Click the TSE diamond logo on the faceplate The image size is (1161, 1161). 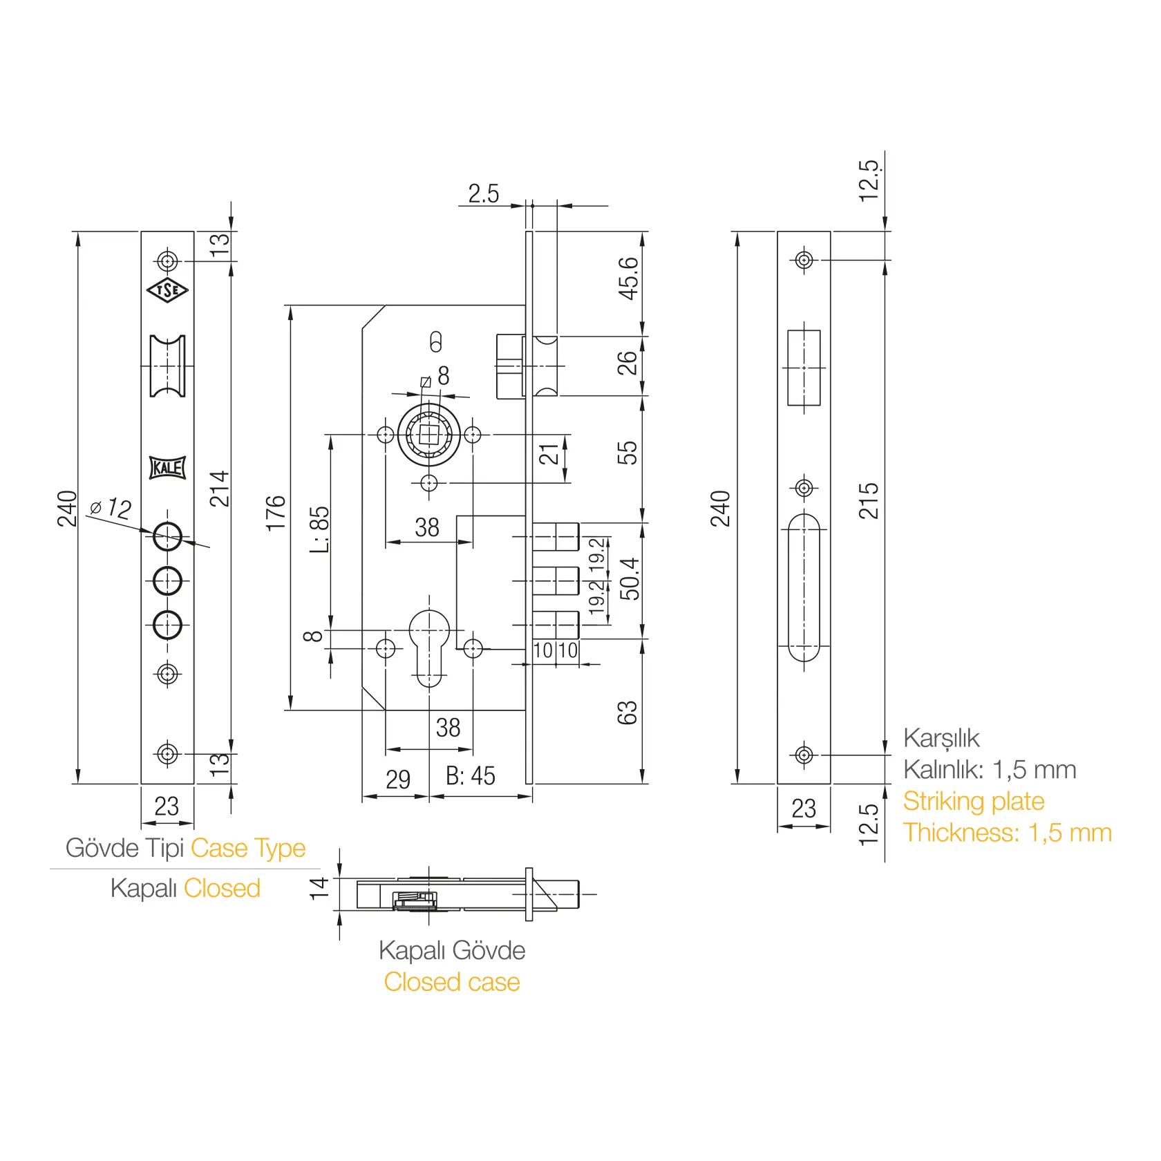167,290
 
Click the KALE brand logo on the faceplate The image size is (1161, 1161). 167,468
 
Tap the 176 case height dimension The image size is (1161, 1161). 276,513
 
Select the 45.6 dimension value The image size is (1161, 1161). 628,279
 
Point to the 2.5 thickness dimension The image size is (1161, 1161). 483,193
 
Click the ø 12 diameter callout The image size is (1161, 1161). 111,508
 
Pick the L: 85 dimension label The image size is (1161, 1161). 319,529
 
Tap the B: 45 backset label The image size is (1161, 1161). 471,776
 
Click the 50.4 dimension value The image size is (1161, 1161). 630,579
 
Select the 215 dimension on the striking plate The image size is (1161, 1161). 869,501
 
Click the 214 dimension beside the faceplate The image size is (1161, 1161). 219,489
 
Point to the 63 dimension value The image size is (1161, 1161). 627,712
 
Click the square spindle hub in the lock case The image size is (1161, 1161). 429,435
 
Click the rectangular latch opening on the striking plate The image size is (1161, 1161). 804,368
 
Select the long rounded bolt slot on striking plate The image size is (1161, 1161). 804,587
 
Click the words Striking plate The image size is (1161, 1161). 974,802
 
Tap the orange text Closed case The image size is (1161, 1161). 452,982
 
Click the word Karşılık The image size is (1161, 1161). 941,739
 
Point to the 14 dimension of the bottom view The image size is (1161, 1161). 319,888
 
